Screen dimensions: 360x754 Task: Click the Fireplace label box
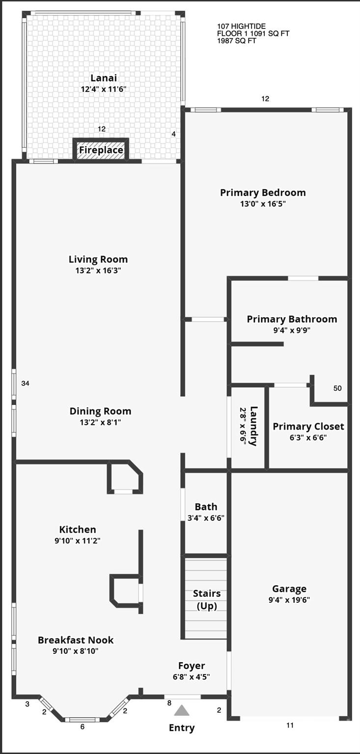(101, 150)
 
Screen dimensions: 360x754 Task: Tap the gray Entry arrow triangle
(182, 710)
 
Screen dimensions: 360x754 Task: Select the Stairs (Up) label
(207, 599)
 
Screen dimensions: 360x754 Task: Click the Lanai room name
(104, 78)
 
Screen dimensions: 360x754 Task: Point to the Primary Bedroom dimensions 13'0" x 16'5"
(263, 204)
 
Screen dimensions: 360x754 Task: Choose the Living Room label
(98, 259)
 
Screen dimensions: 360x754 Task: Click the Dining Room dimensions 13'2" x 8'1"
(100, 422)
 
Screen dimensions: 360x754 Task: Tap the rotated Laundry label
(253, 426)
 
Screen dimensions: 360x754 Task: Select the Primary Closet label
(308, 427)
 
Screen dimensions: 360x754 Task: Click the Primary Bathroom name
(292, 319)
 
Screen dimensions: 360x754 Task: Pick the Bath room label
(206, 507)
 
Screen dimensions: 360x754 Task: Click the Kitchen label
(78, 530)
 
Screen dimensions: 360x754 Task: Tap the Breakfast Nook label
(76, 640)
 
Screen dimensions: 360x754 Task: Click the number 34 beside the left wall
(25, 383)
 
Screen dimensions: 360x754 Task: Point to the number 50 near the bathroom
(337, 388)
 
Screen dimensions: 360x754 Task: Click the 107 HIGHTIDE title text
(242, 26)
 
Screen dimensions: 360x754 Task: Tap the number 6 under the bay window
(83, 727)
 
